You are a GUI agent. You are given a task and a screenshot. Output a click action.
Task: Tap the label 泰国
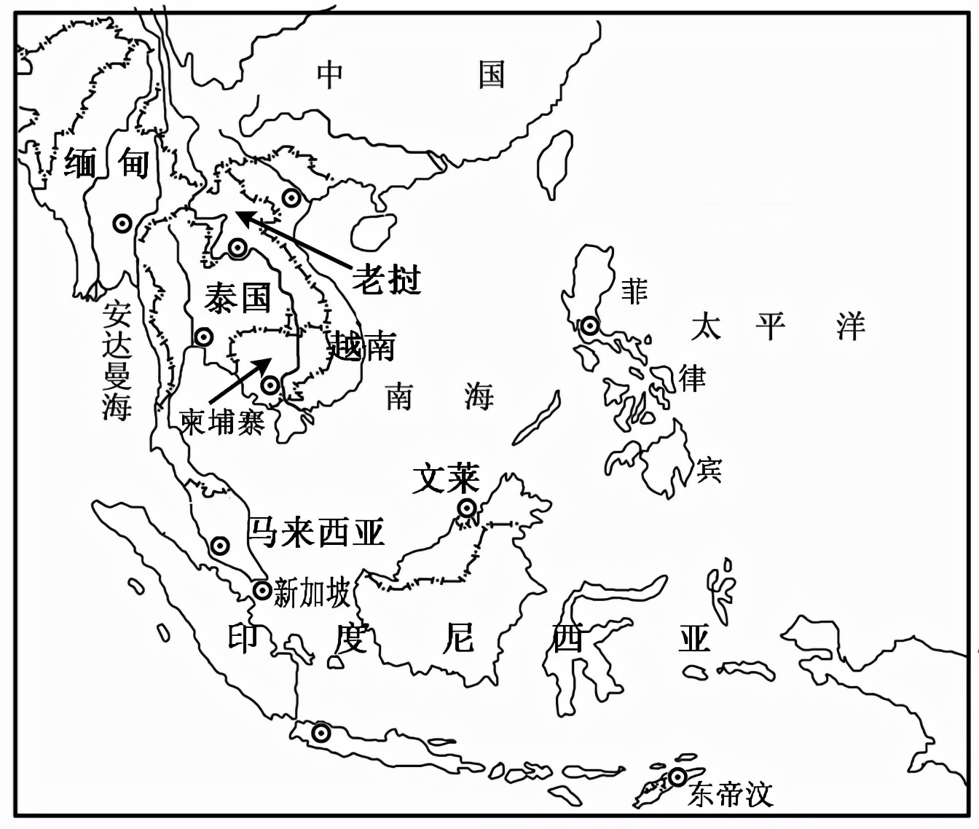[x=237, y=298]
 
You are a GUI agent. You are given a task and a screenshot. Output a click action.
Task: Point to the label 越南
[x=362, y=346]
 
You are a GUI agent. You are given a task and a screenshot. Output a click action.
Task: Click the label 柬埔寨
[x=222, y=421]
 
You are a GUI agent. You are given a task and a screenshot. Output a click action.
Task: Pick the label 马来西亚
[x=316, y=533]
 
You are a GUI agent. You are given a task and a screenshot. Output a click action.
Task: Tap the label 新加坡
[x=312, y=594]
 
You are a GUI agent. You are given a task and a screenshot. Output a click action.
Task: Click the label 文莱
[x=446, y=479]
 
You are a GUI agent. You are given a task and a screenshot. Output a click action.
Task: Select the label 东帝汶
[x=730, y=793]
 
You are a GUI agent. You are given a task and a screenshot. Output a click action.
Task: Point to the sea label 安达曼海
[x=117, y=361]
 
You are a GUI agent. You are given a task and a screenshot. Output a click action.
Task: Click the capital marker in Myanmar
[x=122, y=224]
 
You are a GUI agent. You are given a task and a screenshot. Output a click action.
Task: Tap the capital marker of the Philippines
[x=589, y=325]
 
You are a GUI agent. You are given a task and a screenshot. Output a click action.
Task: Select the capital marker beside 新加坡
[x=262, y=590]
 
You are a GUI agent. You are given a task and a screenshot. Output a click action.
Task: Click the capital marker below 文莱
[x=467, y=508]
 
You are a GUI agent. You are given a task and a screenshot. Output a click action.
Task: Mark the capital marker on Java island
[x=320, y=733]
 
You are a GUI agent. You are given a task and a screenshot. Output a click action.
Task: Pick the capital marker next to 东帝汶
[x=678, y=777]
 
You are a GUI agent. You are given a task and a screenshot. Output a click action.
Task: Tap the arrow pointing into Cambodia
[x=240, y=380]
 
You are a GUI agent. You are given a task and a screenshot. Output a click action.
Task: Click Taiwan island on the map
[x=554, y=164]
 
